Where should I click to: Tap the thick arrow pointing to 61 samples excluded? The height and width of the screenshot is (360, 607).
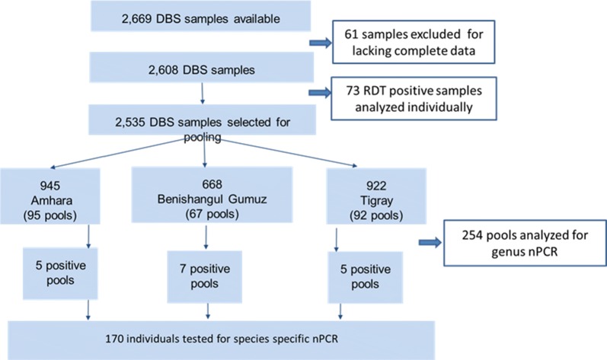click(315, 40)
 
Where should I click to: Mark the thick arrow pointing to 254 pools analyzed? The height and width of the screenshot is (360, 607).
click(433, 242)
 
